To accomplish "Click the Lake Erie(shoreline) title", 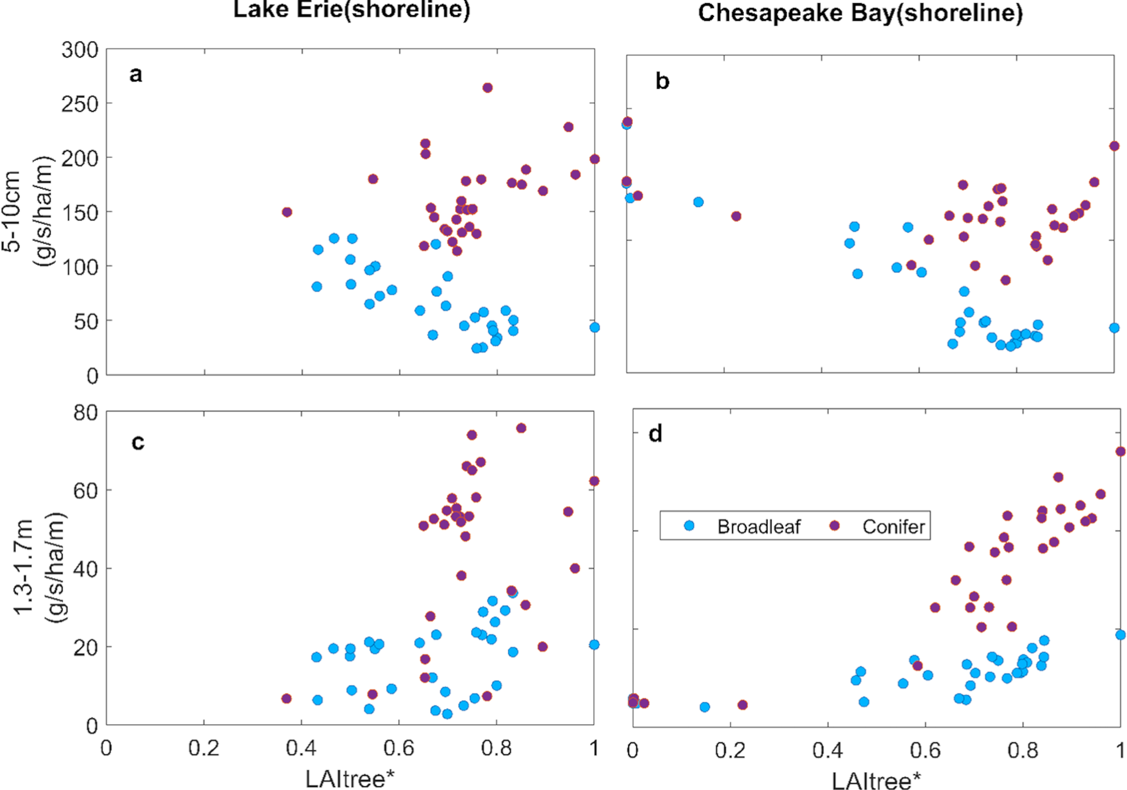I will tap(352, 10).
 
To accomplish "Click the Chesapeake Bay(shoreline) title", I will tap(860, 12).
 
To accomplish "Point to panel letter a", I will tap(136, 74).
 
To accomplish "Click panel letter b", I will tap(662, 81).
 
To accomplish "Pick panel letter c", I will tap(137, 442).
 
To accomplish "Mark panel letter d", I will tap(655, 434).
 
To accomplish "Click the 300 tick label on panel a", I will tap(80, 50).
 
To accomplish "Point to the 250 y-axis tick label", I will tap(80, 104).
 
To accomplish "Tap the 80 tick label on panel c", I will tap(86, 413).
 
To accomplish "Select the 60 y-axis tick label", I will tap(86, 490).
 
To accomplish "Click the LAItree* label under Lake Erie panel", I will tap(349, 779).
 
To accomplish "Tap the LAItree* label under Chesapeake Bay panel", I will tap(876, 781).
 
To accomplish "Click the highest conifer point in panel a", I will tap(487, 88).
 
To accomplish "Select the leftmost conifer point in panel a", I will tap(287, 212).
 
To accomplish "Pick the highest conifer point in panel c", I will tap(521, 428).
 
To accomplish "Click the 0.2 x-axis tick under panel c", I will tap(203, 748).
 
